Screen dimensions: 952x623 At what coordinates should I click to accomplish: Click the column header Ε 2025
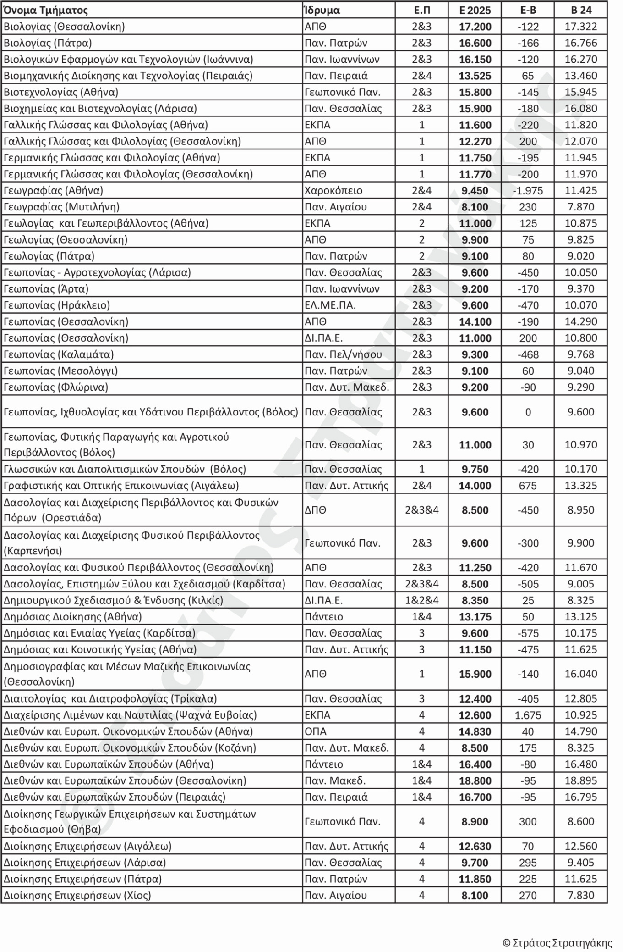pos(475,10)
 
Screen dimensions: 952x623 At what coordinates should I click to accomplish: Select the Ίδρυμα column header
pos(322,10)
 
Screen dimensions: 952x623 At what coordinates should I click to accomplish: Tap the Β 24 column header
pos(581,10)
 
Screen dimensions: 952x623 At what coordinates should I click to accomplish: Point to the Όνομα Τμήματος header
pos(46,10)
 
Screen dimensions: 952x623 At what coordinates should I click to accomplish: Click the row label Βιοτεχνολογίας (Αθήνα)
pos(61,92)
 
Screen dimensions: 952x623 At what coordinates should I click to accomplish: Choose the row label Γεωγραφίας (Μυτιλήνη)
pos(61,207)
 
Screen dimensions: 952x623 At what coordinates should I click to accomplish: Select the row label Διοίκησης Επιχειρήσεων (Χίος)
pos(77,895)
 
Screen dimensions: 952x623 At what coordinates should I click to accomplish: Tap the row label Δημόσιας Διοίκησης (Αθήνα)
pos(73,616)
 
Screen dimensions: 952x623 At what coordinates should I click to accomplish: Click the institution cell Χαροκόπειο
pos(333,190)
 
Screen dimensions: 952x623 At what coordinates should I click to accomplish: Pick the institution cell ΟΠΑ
pos(316,731)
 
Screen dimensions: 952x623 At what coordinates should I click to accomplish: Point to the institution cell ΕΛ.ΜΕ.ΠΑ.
pos(330,305)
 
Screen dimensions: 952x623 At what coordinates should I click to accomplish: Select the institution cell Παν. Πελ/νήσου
pos(343,354)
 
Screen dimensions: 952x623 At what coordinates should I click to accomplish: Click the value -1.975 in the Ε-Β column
pos(528,190)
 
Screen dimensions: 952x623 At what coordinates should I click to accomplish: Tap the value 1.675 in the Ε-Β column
pos(528,715)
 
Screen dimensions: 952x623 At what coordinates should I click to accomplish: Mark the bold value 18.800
pos(475,780)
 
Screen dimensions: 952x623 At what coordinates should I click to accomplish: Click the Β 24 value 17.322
pos(581,27)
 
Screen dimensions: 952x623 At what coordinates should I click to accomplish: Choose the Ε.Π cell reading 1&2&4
pos(421,600)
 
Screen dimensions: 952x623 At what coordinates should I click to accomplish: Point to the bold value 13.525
pos(475,76)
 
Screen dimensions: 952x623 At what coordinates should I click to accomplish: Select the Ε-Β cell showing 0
pos(528,412)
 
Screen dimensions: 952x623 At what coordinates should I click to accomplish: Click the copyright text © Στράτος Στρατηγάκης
pos(557,943)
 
